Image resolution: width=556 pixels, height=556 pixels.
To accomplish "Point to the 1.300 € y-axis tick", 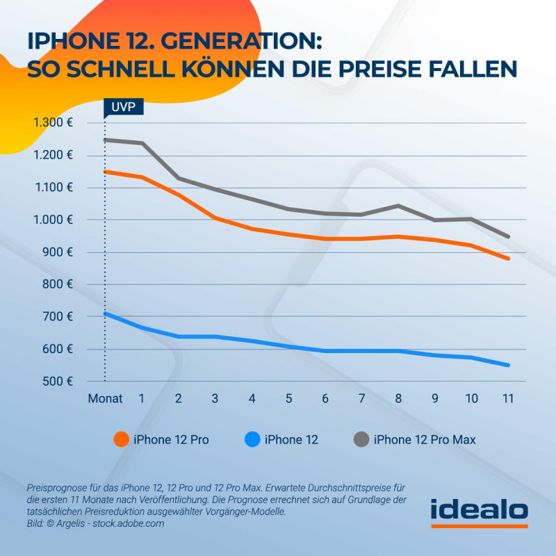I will [x=52, y=123].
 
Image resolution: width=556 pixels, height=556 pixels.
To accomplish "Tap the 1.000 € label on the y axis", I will [x=52, y=220].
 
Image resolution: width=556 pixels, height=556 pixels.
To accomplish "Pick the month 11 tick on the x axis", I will [x=508, y=399].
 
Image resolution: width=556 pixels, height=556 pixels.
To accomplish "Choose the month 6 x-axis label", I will [x=325, y=399].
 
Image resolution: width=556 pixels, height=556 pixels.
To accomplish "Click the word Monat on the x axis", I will [x=105, y=399].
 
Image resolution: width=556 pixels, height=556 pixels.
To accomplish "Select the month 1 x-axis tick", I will [x=141, y=399].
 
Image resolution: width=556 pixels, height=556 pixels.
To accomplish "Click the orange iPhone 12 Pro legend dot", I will [x=120, y=439].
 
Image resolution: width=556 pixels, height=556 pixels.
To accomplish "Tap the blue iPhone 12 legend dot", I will [x=252, y=439].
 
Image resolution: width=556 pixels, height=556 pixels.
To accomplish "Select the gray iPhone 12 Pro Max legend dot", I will [x=361, y=439].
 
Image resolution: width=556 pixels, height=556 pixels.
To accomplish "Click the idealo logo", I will [x=479, y=511].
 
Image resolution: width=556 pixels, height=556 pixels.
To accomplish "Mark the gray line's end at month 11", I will [x=508, y=236].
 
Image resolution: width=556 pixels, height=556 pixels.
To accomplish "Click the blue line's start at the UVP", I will [x=105, y=313].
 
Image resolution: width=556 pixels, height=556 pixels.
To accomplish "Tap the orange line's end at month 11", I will [x=508, y=259].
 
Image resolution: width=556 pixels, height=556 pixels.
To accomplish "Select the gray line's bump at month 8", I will [x=398, y=206].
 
